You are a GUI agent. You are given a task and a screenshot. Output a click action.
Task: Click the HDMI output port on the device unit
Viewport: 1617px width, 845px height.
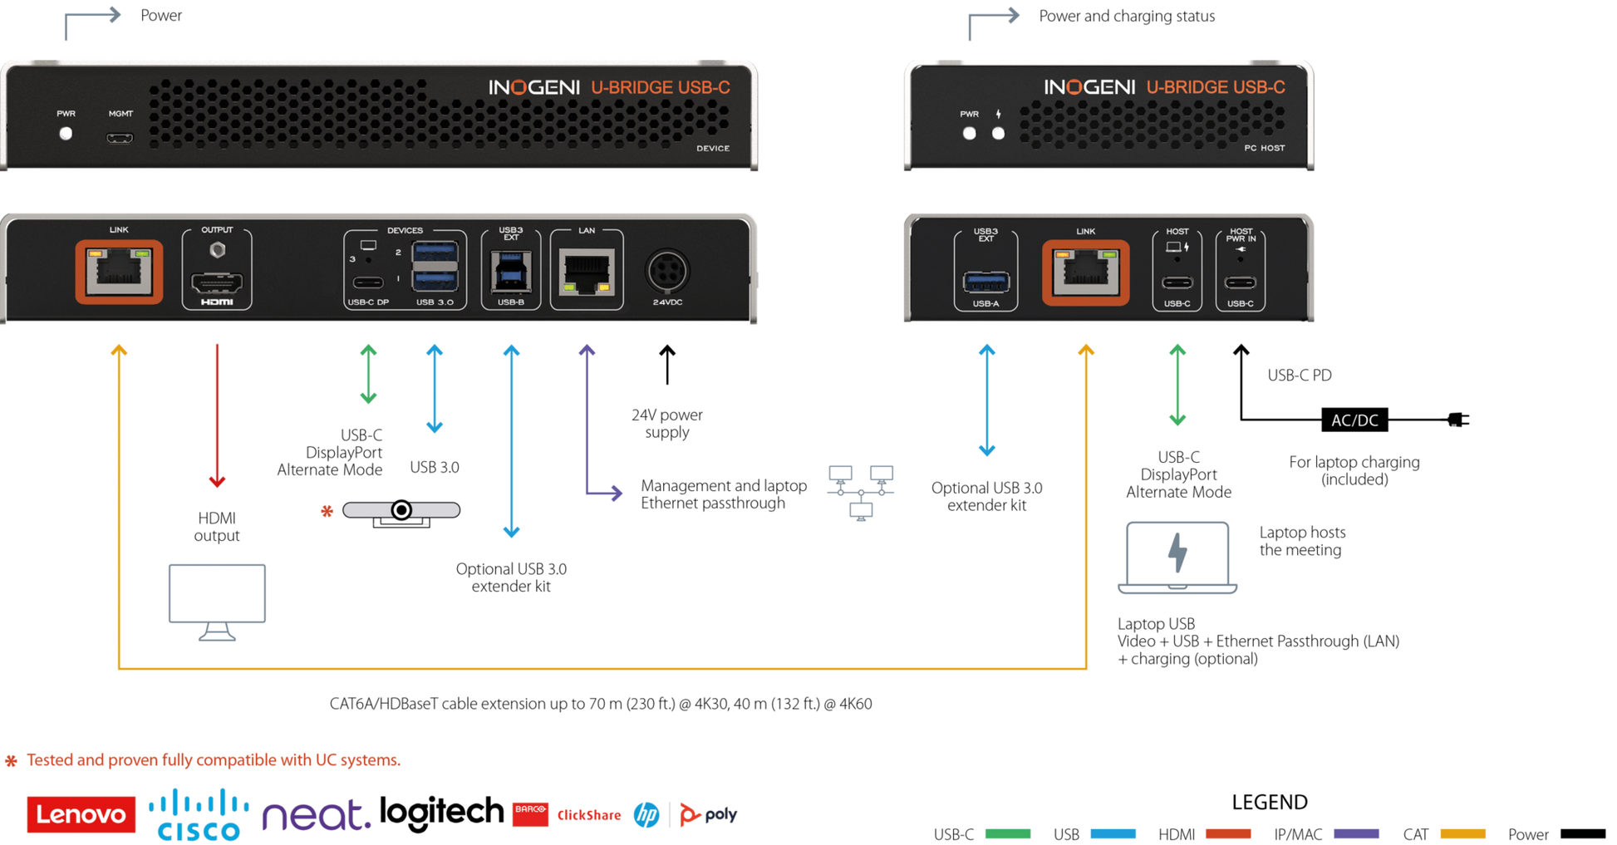pyautogui.click(x=217, y=282)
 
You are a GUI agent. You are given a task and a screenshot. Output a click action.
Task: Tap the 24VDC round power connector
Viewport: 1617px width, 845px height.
pyautogui.click(x=667, y=271)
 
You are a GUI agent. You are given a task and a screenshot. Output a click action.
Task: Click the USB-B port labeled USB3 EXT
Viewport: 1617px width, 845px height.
pyautogui.click(x=511, y=272)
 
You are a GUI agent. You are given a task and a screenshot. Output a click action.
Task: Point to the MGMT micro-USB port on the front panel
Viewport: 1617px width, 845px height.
pyautogui.click(x=120, y=138)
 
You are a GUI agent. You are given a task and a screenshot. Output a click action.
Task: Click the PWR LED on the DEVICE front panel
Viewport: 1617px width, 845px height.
pyautogui.click(x=66, y=134)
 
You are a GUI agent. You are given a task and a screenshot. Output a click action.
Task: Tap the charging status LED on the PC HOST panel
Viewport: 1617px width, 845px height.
pyautogui.click(x=998, y=133)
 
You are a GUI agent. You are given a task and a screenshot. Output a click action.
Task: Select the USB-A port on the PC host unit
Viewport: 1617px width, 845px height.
pyautogui.click(x=986, y=282)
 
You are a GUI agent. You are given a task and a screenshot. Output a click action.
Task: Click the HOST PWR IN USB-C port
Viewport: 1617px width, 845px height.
pyautogui.click(x=1240, y=282)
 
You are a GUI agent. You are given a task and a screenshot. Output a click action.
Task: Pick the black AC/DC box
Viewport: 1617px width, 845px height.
pyautogui.click(x=1354, y=420)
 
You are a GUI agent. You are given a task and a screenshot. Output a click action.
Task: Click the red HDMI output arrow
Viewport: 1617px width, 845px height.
pyautogui.click(x=217, y=415)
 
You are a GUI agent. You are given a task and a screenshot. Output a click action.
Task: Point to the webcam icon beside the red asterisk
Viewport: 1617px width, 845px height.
pyautogui.click(x=401, y=513)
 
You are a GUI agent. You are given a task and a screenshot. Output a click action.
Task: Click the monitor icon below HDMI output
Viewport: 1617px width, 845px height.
pyautogui.click(x=217, y=602)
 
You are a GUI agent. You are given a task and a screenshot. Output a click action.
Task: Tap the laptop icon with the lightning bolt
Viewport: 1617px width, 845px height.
pyautogui.click(x=1177, y=558)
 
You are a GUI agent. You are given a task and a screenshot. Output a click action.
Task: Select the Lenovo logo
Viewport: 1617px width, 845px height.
pyautogui.click(x=81, y=814)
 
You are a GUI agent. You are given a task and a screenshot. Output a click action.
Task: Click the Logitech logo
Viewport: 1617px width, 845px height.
pyautogui.click(x=441, y=813)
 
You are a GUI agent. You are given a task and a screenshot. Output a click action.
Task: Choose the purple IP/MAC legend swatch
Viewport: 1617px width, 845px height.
pyautogui.click(x=1356, y=833)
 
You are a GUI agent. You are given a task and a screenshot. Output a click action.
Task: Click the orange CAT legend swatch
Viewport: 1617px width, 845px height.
pyautogui.click(x=1462, y=833)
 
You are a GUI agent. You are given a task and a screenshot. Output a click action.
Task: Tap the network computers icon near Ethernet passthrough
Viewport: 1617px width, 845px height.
pyautogui.click(x=861, y=493)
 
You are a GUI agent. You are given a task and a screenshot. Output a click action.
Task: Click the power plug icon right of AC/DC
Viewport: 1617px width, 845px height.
pyautogui.click(x=1458, y=420)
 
